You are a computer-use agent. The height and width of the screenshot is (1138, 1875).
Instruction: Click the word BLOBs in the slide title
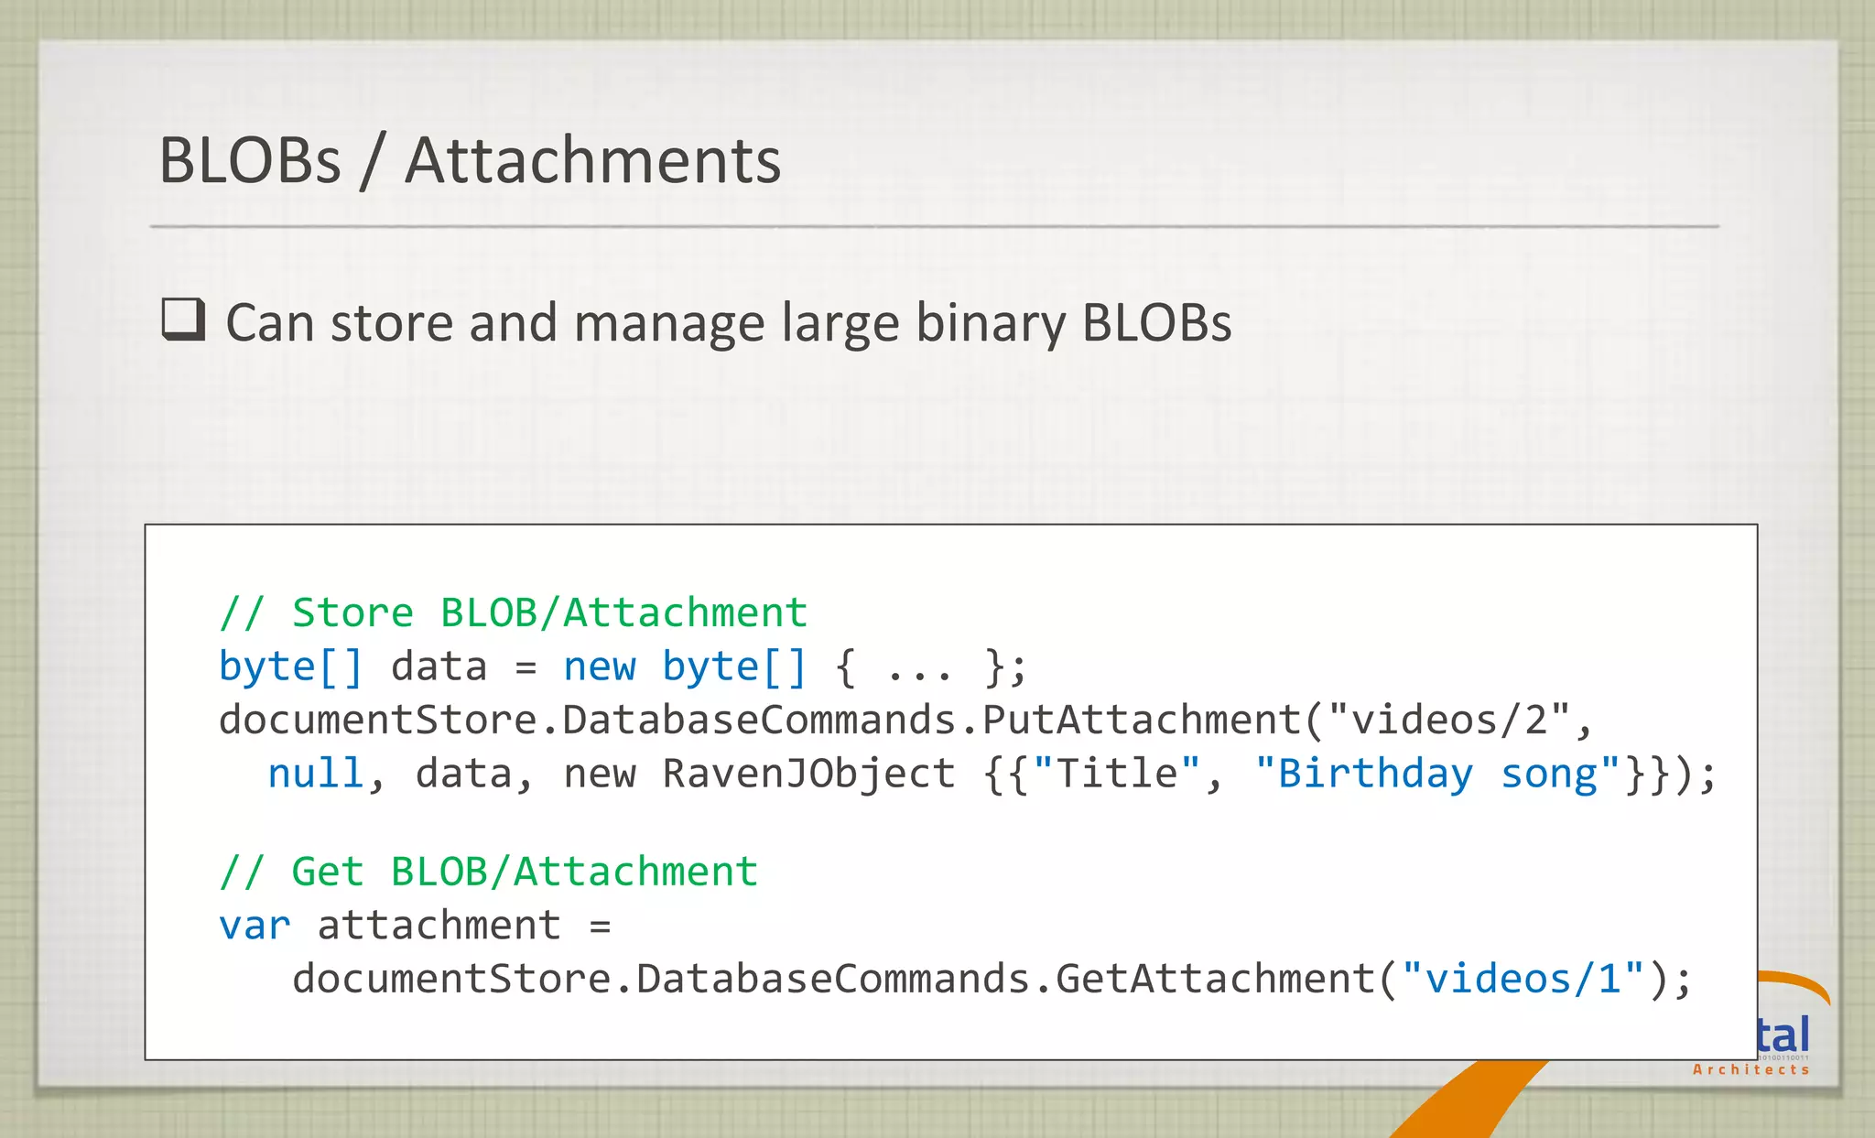[x=250, y=161]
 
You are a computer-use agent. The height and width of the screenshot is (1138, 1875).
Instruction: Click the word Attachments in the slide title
[x=592, y=161]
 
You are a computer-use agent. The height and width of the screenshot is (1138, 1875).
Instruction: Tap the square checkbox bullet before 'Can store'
[x=183, y=320]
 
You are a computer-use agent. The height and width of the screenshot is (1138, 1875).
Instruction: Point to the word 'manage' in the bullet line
[x=669, y=324]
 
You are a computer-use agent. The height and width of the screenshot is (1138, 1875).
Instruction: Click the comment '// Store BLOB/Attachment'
[x=513, y=612]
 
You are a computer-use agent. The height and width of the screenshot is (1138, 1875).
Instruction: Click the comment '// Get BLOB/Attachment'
[x=488, y=872]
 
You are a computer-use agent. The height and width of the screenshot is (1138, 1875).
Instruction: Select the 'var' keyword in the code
[x=254, y=926]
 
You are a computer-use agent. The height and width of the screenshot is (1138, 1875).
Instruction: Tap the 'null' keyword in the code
[x=316, y=774]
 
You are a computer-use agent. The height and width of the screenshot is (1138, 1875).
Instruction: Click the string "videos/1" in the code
[x=1523, y=980]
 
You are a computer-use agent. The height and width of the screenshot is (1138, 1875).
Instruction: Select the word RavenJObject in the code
[x=808, y=774]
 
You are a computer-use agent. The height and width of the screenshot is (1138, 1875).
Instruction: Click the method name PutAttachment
[x=1141, y=721]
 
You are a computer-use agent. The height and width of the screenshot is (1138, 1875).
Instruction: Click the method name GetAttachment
[x=1215, y=980]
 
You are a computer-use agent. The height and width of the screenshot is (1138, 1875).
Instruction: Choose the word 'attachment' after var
[x=439, y=926]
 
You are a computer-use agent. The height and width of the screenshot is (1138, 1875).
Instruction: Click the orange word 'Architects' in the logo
[x=1750, y=1069]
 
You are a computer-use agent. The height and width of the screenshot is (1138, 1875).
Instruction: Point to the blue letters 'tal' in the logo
[x=1783, y=1035]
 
